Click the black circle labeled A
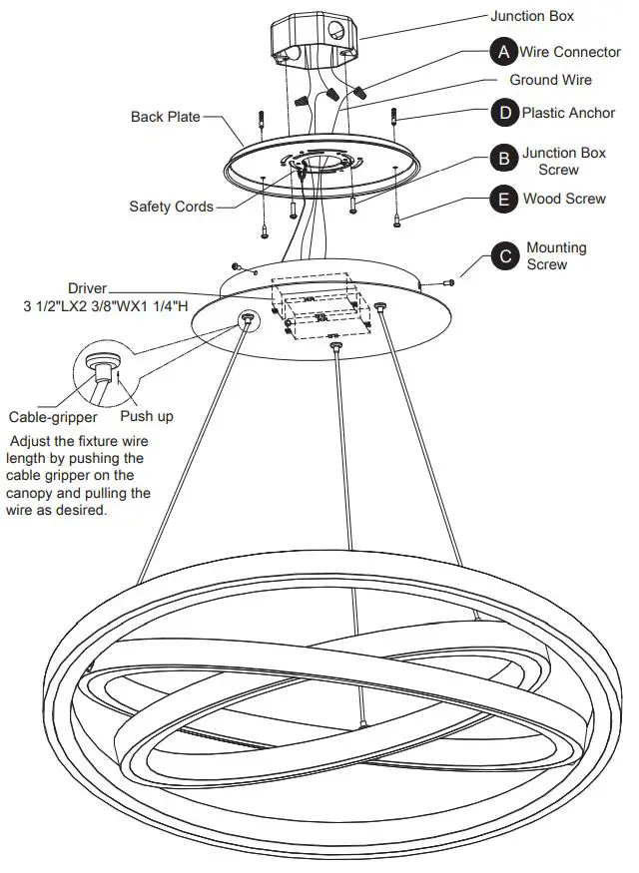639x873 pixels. click(x=504, y=51)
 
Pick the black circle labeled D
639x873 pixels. click(x=504, y=113)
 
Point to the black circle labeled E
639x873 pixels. click(x=504, y=200)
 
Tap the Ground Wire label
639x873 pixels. click(x=550, y=80)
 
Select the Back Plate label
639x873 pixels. click(x=166, y=117)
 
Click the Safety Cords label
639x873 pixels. click(x=171, y=207)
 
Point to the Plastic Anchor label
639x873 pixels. click(x=568, y=113)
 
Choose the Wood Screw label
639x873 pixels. click(x=564, y=199)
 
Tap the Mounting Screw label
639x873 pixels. click(x=556, y=255)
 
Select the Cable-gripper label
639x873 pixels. click(x=53, y=417)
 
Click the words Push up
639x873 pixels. click(x=146, y=416)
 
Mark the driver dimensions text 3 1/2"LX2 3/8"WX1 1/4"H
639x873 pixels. click(x=106, y=306)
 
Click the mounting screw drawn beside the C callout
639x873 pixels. click(x=450, y=282)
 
